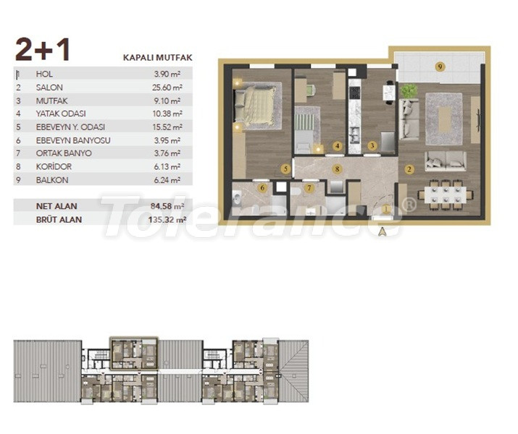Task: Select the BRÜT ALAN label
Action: click(59, 219)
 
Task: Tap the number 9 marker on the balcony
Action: click(440, 67)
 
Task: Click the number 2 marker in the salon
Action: click(409, 170)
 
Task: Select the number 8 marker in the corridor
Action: click(337, 169)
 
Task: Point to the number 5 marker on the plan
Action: click(286, 170)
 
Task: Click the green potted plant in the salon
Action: click(409, 91)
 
